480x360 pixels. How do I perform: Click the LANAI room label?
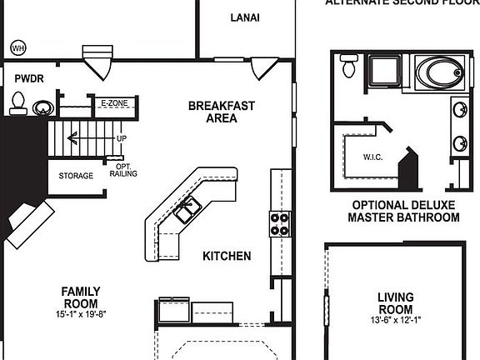click(x=244, y=17)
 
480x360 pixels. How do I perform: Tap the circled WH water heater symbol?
click(x=17, y=48)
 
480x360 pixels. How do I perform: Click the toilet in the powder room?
click(x=17, y=102)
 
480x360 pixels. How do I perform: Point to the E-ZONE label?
click(x=113, y=103)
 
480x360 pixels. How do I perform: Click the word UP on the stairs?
click(x=122, y=138)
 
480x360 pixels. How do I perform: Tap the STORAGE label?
click(x=76, y=176)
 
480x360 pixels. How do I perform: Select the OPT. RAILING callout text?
click(x=122, y=170)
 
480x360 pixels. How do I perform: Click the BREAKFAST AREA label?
click(x=221, y=112)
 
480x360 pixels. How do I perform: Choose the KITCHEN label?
click(x=226, y=256)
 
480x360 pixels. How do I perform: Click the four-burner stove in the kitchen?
click(x=279, y=222)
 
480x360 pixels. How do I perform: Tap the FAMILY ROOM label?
click(x=81, y=297)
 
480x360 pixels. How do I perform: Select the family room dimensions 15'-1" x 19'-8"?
click(x=81, y=315)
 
